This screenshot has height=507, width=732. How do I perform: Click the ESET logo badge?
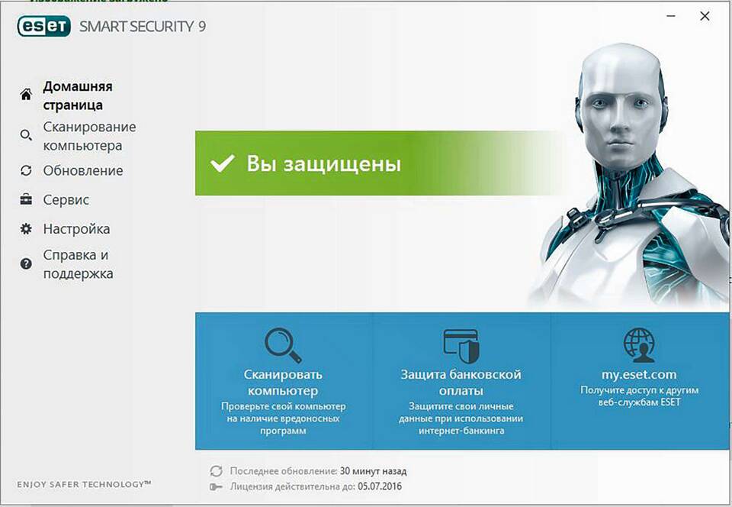pos(44,26)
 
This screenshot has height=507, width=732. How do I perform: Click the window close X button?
pos(705,16)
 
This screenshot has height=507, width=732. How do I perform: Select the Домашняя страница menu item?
pos(78,95)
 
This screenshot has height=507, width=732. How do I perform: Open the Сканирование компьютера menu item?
pos(89,136)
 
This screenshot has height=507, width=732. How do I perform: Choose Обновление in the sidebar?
pos(83,170)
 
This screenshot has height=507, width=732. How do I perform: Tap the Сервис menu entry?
pos(66,200)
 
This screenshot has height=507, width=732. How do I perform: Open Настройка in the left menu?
pos(76,229)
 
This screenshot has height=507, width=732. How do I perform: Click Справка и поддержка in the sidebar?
pos(78,264)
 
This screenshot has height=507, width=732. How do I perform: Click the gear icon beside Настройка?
pos(26,229)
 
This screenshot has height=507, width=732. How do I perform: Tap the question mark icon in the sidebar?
pos(26,264)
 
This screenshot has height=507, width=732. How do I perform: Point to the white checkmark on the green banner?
pos(222,163)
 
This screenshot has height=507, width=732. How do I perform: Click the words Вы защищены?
pos(323,164)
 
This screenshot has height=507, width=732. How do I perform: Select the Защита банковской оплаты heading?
pos(461,383)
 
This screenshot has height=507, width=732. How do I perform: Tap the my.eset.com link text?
pos(639,374)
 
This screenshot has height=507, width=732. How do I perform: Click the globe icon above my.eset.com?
pos(639,345)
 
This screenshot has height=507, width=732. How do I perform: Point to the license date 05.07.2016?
pos(380,486)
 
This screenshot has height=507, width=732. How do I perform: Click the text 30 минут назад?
pos(373,471)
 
